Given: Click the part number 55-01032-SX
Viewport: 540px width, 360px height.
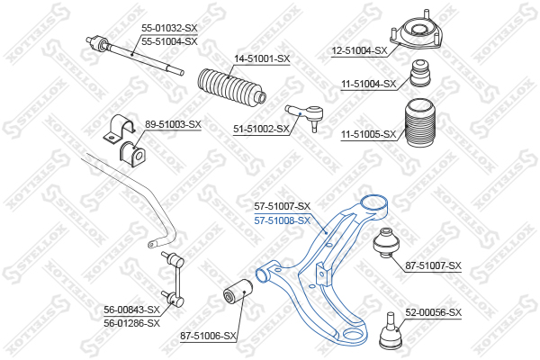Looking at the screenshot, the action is (x=169, y=28).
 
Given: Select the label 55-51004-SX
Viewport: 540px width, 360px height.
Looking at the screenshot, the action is (x=169, y=42).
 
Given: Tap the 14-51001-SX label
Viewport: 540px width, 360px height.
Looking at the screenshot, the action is (x=262, y=58).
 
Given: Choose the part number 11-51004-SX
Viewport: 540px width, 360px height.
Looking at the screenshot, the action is (x=369, y=84).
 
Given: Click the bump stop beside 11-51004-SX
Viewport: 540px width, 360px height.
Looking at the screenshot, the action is (x=420, y=74).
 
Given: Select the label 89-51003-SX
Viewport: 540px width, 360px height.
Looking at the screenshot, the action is (x=173, y=124).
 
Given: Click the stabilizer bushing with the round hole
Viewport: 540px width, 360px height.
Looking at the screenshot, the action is (x=132, y=154).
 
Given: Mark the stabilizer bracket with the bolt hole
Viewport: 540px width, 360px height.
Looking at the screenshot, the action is (x=119, y=129).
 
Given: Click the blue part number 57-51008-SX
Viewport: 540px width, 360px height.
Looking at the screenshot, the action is (x=283, y=220).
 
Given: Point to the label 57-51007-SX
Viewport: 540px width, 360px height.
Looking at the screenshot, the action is (x=283, y=206).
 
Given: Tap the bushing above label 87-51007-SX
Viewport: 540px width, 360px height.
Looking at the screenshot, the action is (x=386, y=242).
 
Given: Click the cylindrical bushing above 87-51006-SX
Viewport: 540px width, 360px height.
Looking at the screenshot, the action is (x=238, y=292).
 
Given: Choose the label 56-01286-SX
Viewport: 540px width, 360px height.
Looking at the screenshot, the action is (x=132, y=323).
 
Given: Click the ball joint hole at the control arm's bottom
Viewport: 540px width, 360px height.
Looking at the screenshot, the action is (x=355, y=334).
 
